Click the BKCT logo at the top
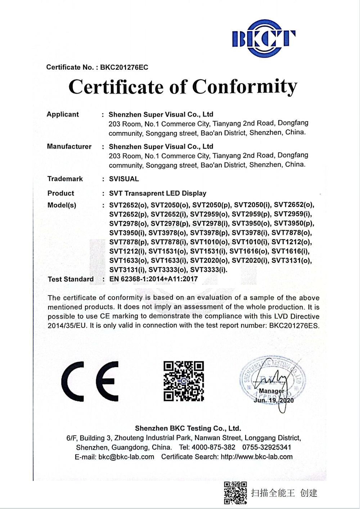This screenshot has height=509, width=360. [264, 39]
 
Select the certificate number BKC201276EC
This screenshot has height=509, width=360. [124, 67]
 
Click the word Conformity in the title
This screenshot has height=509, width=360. [245, 87]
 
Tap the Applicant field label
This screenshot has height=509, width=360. [63, 114]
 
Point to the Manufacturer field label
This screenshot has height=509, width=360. [69, 147]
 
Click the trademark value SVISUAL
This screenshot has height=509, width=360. [124, 179]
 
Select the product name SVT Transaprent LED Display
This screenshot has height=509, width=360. [158, 193]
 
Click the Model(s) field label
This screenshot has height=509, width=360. [62, 205]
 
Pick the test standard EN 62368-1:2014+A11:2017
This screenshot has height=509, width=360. [153, 279]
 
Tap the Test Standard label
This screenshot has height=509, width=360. [71, 279]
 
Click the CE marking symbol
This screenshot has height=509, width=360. [90, 381]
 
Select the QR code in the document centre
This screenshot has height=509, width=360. [184, 381]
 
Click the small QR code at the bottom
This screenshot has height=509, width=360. [235, 492]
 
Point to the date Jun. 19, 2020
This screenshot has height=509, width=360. [274, 400]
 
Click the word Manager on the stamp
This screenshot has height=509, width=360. [271, 391]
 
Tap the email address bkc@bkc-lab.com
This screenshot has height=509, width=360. [126, 457]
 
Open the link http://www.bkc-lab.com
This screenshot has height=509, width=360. [257, 457]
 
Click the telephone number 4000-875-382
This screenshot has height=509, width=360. [213, 447]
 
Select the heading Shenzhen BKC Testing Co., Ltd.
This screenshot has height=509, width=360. [188, 428]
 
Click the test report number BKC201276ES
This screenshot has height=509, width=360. [294, 325]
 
